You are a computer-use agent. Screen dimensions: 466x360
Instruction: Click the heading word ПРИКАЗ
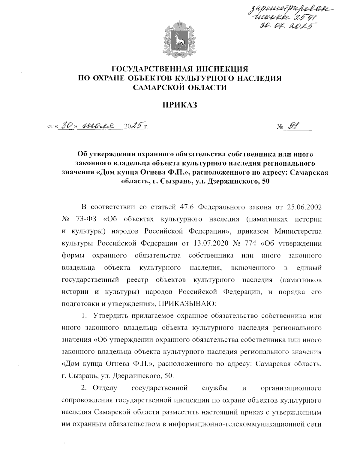[180, 105]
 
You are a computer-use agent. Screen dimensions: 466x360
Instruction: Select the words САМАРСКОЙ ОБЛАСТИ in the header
[180, 87]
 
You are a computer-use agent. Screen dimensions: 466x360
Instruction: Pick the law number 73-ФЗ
[85, 220]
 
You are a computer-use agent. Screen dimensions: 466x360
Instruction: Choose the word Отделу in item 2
[105, 388]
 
